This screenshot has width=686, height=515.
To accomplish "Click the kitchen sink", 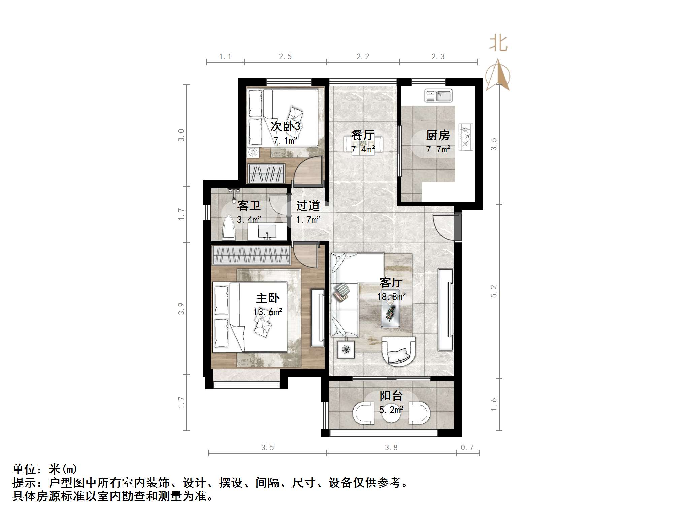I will pos(438,96).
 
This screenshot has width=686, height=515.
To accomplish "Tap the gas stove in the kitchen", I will pos(466,137).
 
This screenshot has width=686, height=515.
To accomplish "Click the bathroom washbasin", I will pos(267,232).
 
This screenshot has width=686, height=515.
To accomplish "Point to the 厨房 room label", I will pos(438,135).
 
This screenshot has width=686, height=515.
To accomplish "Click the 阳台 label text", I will pos(391,396).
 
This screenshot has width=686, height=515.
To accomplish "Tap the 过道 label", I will pos(308,206).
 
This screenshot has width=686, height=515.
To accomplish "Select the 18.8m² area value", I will pos(391,297).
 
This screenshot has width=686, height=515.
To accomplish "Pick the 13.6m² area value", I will pos(268,312).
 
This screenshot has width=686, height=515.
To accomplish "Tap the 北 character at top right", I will pos(498,44).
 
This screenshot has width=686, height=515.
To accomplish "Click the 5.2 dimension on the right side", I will pos(494,291).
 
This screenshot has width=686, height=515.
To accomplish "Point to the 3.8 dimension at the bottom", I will pos(391,448).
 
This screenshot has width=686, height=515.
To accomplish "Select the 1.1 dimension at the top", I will pos(225,57).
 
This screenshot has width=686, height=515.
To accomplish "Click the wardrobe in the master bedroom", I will pos(251,255).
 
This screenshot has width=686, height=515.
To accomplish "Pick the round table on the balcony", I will pos(391,416).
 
